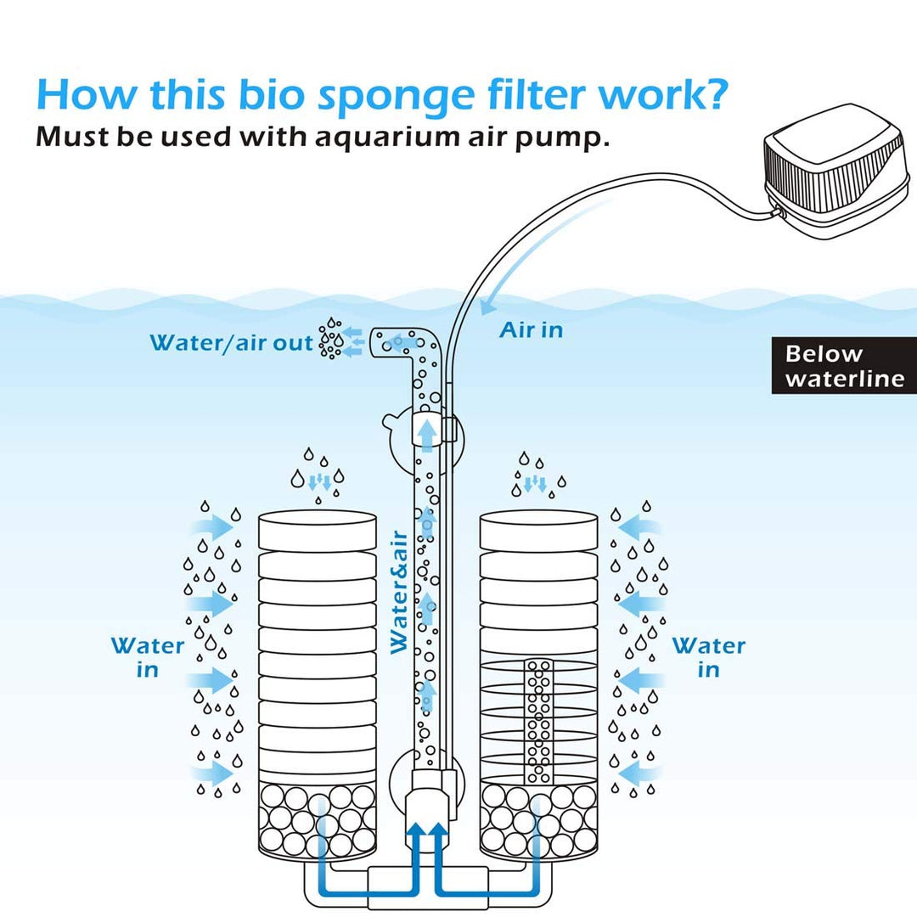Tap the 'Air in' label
(x=531, y=330)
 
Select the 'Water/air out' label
(x=231, y=343)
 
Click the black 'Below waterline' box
(x=844, y=366)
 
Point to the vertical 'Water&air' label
(x=399, y=592)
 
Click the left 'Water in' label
(x=148, y=657)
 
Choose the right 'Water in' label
(x=708, y=657)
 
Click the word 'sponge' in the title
(x=396, y=96)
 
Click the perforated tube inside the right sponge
(x=537, y=722)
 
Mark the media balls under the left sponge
(x=317, y=819)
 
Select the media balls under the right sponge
(x=538, y=819)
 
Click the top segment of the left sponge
(x=317, y=530)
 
